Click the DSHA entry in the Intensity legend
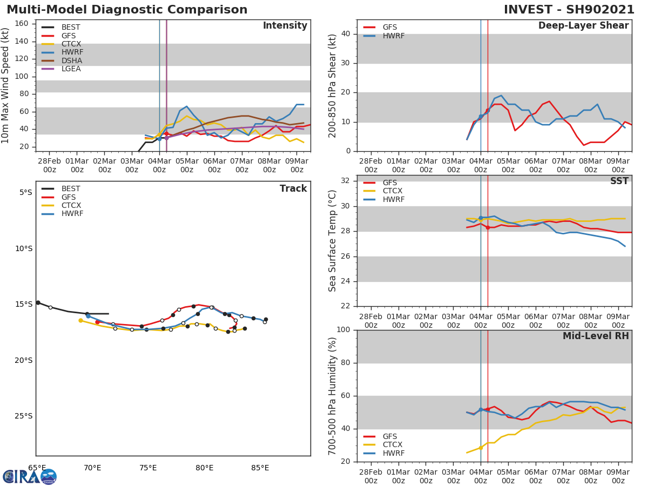[x=72, y=60]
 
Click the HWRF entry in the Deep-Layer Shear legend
[x=394, y=36]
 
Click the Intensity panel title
[x=285, y=26]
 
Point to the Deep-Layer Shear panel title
[x=583, y=26]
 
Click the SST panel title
[x=619, y=181]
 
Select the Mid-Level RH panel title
[x=596, y=336]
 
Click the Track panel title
[x=293, y=188]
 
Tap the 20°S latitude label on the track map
[x=23, y=360]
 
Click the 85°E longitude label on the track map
[x=260, y=468]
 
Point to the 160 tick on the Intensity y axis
[x=22, y=24]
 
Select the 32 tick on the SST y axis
[x=345, y=181]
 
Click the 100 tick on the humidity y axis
[x=342, y=330]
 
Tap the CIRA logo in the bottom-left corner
[x=30, y=476]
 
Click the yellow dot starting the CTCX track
[x=80, y=320]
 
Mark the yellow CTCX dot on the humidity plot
[x=481, y=448]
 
